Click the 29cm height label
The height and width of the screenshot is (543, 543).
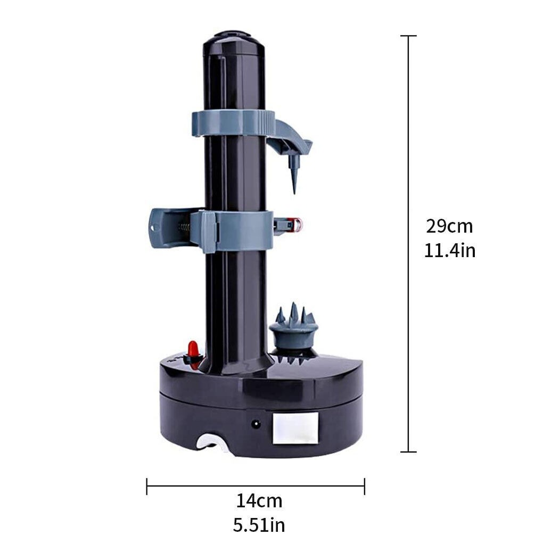point(449,226)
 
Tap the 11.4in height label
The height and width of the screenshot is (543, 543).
point(449,250)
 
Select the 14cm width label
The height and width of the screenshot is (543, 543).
point(259,501)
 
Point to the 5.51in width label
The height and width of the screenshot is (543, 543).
point(259,525)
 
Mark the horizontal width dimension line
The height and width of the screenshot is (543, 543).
point(256,486)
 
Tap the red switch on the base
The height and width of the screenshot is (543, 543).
point(193,351)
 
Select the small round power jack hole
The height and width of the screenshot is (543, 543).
point(257,424)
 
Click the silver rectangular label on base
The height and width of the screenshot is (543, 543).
point(295,429)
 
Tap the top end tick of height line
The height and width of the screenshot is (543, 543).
point(408,36)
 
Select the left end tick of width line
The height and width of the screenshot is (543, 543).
point(147,486)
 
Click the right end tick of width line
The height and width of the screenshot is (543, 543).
point(364,486)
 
